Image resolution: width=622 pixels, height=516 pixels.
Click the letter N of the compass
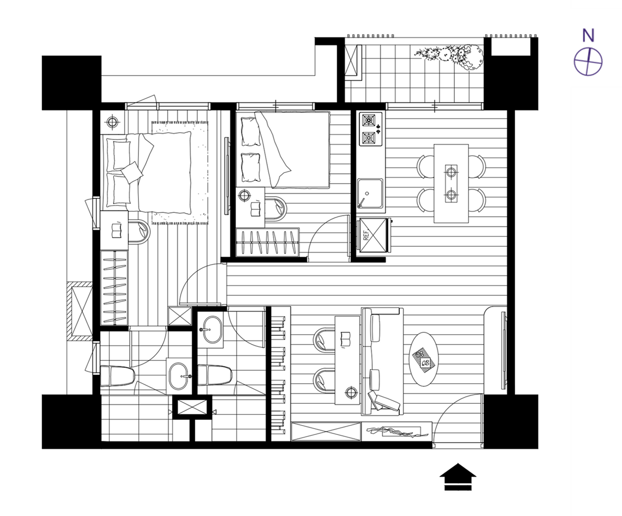click(588, 35)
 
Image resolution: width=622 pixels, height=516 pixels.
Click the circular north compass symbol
click(588, 62)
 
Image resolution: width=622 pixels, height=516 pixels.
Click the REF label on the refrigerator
click(366, 235)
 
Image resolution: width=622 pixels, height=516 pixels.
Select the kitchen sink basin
click(370, 193)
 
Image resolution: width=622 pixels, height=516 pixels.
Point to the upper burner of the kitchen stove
click(369, 120)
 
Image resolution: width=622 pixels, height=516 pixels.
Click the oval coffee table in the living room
click(423, 359)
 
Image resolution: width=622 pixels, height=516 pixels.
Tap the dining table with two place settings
click(451, 184)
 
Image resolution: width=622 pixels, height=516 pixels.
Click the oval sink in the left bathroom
click(179, 376)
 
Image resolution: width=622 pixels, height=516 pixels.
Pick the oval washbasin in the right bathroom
click(210, 329)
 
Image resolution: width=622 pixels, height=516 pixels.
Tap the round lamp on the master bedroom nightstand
click(112, 122)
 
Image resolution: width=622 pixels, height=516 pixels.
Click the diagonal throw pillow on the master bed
click(132, 172)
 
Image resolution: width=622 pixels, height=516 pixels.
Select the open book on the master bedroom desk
click(117, 231)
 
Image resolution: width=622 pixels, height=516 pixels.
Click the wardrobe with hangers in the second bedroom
click(267, 242)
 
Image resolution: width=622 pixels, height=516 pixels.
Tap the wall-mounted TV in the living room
click(503, 350)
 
